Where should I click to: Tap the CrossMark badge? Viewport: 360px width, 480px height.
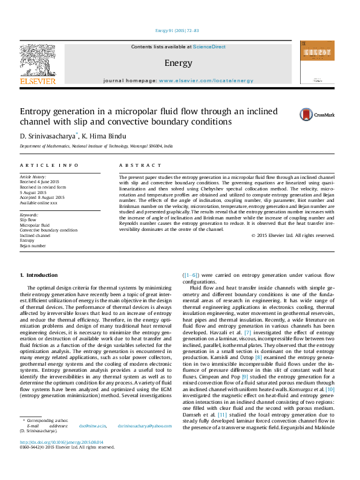[325, 114]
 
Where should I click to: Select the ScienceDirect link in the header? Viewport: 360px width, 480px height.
[209, 47]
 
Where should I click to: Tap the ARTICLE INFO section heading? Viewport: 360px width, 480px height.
[49, 165]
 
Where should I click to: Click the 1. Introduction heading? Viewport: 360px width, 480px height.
[39, 276]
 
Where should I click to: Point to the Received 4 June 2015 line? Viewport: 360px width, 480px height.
[39, 181]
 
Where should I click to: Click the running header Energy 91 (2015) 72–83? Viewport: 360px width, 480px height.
[179, 30]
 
